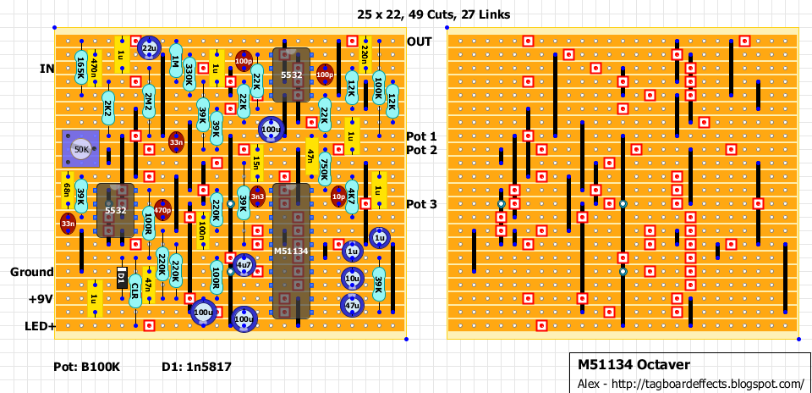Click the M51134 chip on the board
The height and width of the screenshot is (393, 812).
pos(291,251)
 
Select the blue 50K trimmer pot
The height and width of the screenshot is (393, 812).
pos(81,149)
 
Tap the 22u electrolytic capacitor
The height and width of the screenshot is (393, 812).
pos(149,48)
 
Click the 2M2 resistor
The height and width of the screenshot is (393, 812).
pos(149,103)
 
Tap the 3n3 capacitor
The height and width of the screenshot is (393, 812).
pos(258,196)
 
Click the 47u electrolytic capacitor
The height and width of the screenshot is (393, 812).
pos(352,304)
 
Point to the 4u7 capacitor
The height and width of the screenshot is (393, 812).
pos(244,264)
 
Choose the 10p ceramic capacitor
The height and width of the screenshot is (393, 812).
pos(338,196)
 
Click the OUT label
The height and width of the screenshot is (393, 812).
pos(419,42)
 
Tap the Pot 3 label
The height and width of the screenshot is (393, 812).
pos(422,204)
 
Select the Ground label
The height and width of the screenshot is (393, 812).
pos(32,272)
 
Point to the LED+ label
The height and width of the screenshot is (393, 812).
pos(36,326)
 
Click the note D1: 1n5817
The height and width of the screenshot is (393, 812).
pos(196,367)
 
